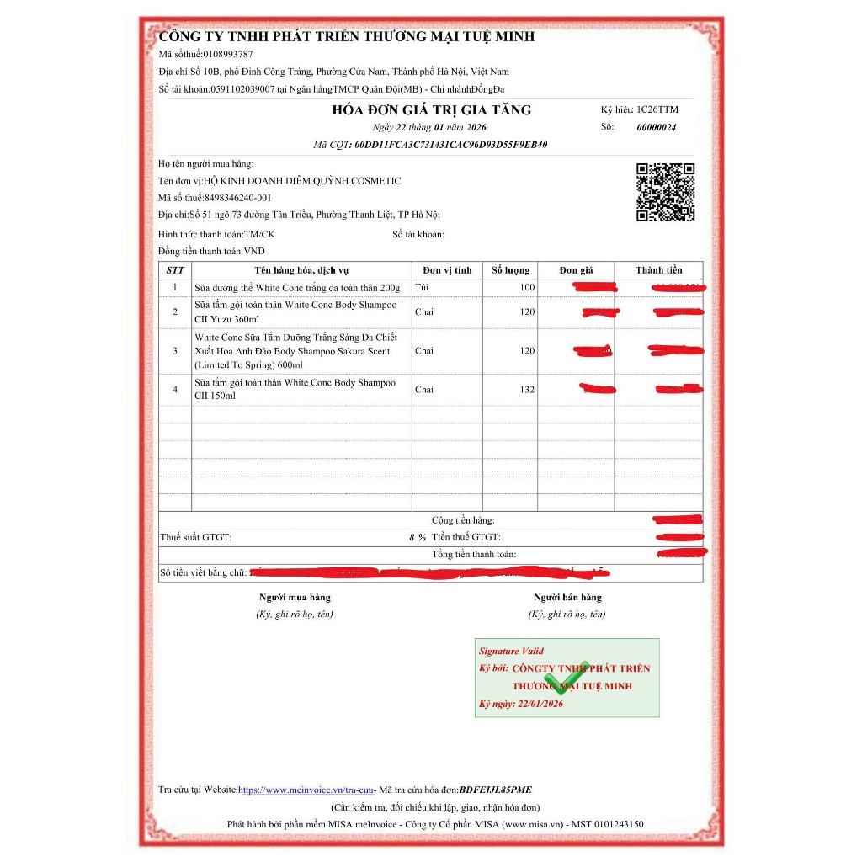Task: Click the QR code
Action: click(665, 192)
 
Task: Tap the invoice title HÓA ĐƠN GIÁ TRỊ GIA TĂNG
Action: click(432, 110)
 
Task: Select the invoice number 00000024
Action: click(656, 128)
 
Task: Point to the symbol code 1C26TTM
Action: click(657, 110)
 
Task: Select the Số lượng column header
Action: click(511, 270)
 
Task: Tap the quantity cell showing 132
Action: click(528, 390)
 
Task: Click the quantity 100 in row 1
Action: click(527, 288)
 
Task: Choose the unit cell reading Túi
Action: click(422, 288)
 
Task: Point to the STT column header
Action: click(175, 270)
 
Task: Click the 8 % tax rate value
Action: click(418, 537)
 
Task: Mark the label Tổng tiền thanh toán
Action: click(474, 555)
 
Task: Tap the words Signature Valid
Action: click(511, 651)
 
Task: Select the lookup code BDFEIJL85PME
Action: click(496, 790)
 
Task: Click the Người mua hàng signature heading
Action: click(295, 598)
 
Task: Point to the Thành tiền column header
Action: click(658, 270)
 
